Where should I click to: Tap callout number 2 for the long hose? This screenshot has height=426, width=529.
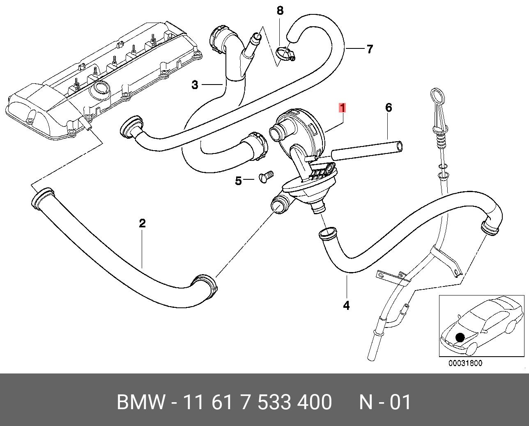click(x=142, y=224)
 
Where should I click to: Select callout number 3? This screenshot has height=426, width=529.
click(x=195, y=85)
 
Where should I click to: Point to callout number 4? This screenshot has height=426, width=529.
click(x=346, y=305)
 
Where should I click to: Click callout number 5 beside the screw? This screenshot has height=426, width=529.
click(x=238, y=181)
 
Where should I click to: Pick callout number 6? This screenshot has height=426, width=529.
click(x=389, y=108)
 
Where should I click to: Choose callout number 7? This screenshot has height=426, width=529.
click(x=370, y=49)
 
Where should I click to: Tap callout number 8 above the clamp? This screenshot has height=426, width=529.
click(x=280, y=11)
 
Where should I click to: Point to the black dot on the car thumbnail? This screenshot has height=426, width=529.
click(x=460, y=337)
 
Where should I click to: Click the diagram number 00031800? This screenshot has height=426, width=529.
click(x=465, y=363)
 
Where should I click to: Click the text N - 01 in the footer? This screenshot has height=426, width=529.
click(x=385, y=402)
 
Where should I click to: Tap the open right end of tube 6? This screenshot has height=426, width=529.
click(x=398, y=147)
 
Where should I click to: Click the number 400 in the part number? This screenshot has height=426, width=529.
click(x=315, y=402)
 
